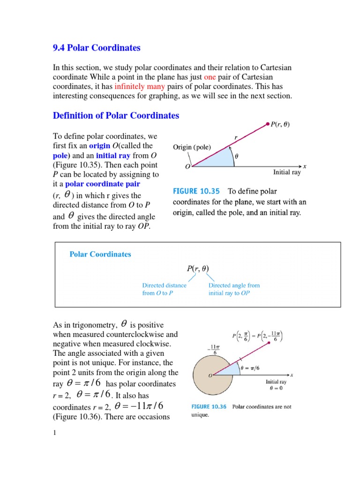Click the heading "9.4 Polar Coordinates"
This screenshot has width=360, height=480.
[x=97, y=48]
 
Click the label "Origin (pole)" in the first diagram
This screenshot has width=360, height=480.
[x=192, y=147]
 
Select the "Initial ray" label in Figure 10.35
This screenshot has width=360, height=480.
[x=287, y=173]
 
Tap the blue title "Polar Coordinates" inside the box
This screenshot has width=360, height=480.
[x=100, y=255]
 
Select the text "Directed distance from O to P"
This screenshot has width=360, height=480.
[x=164, y=289]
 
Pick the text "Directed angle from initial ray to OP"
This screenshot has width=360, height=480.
[x=234, y=289]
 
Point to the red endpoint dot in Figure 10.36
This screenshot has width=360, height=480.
[x=268, y=343]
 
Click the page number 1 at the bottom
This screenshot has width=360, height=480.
[x=54, y=433]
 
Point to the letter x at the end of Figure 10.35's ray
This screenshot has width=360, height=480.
[x=305, y=166]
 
